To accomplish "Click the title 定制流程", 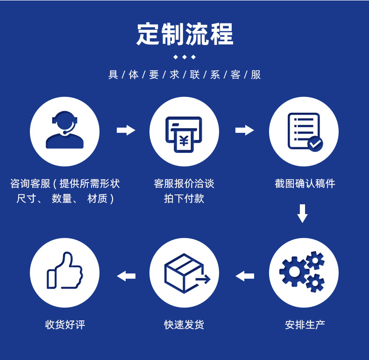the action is (184, 34).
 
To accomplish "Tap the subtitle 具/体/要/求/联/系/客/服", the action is (184, 75).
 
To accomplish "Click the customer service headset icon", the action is (64, 130).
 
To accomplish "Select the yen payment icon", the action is (184, 133).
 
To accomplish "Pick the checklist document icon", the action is (304, 131).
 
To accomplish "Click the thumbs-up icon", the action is (64, 271).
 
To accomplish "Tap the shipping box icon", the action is (184, 273).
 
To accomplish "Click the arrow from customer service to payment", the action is (126, 130).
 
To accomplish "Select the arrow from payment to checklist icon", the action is (244, 130).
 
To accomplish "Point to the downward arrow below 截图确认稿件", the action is (303, 213).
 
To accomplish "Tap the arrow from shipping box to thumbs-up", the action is (126, 276).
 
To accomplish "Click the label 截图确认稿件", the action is (305, 184).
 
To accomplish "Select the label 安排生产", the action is (305, 324).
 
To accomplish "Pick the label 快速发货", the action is (184, 324).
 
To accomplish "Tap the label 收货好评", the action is (65, 324).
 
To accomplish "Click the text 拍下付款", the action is (184, 199).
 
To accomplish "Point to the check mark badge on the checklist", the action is (315, 144).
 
